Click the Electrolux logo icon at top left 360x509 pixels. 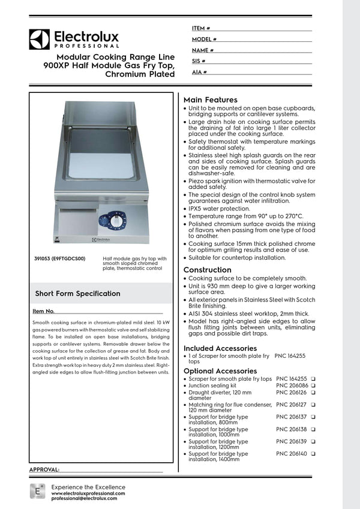[x=39, y=39]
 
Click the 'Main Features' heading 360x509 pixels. [x=210, y=100]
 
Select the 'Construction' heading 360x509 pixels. [x=207, y=270]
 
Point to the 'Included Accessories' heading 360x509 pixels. [x=220, y=348]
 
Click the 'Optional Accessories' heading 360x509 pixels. [x=220, y=371]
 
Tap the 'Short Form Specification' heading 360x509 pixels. [x=77, y=294]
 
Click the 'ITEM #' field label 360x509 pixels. [x=200, y=28]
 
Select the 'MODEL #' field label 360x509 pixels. [x=204, y=39]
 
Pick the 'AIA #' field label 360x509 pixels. [x=199, y=72]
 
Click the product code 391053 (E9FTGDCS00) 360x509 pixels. [x=60, y=259]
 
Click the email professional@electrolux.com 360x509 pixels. [x=89, y=498]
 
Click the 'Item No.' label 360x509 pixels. [x=43, y=312]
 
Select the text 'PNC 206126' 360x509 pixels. [x=291, y=393]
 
